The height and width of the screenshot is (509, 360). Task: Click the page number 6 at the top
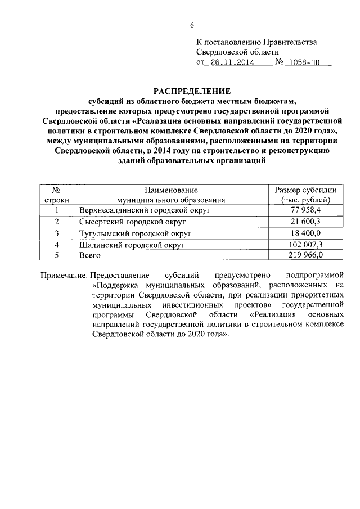pos(192,25)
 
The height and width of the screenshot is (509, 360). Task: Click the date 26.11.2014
pos(231,64)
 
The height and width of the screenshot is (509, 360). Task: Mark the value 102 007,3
pos(304,244)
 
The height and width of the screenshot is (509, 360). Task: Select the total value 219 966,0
pos(304,255)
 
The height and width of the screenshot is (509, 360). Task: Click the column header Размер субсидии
pos(305,190)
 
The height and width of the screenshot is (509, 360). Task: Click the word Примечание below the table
pos(64,275)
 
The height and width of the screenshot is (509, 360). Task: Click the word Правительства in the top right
pos(289,42)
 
